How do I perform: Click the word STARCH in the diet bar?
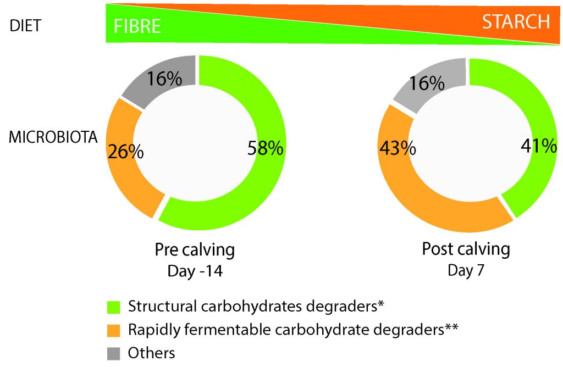pyautogui.click(x=516, y=21)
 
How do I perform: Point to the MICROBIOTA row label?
pyautogui.click(x=53, y=138)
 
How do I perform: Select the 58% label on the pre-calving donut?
pyautogui.click(x=266, y=148)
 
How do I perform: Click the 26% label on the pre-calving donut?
pyautogui.click(x=126, y=151)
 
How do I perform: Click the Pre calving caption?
pyautogui.click(x=195, y=251)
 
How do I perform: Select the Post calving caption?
pyautogui.click(x=466, y=249)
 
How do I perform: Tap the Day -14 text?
pyautogui.click(x=195, y=271)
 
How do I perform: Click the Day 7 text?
pyautogui.click(x=466, y=270)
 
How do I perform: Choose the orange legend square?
pyautogui.click(x=114, y=330)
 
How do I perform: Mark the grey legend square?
pyautogui.click(x=114, y=352)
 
